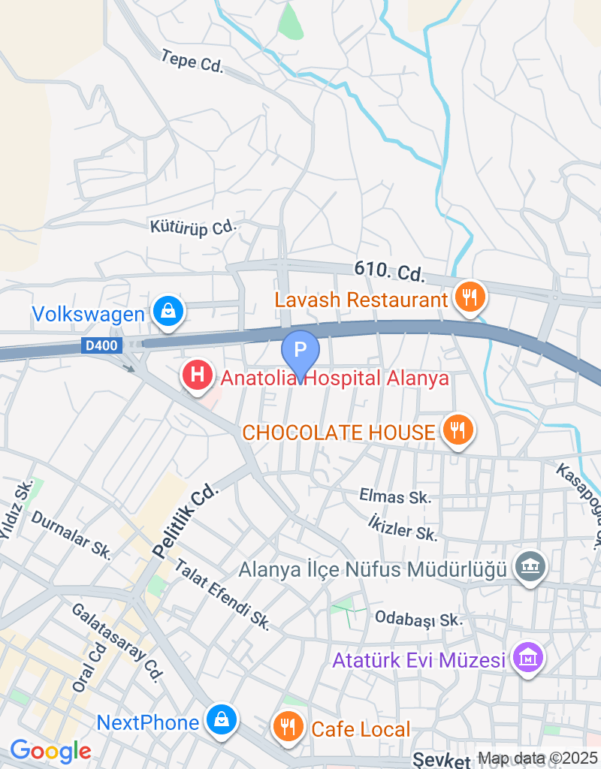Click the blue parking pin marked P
[300, 351]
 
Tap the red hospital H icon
[198, 374]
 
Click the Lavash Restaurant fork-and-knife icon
[470, 297]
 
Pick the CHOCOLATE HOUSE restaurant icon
[457, 430]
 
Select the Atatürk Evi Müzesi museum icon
[527, 658]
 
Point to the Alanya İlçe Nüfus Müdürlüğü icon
[530, 567]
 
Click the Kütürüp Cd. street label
[193, 226]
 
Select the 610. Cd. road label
[390, 272]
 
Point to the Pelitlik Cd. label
[185, 519]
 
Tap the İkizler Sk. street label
[403, 527]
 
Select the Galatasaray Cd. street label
[117, 642]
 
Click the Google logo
[50, 750]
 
